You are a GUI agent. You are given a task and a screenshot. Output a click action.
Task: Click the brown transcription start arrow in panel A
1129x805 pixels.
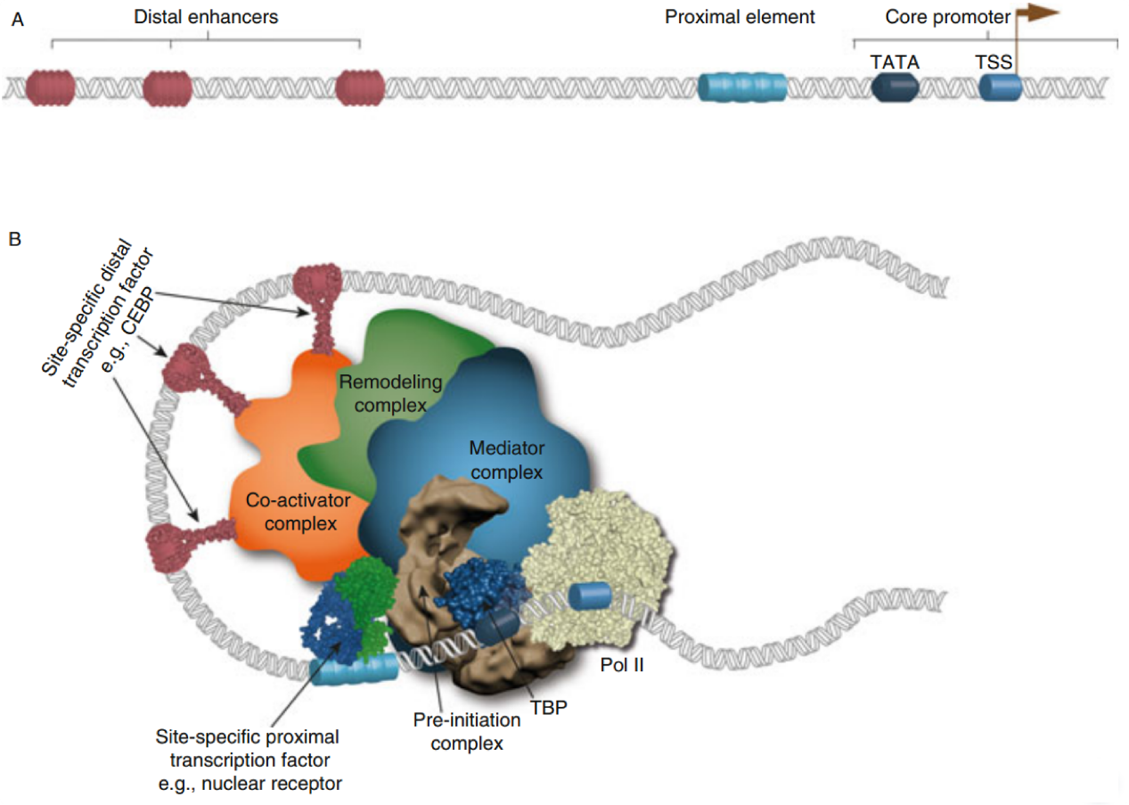click(1037, 13)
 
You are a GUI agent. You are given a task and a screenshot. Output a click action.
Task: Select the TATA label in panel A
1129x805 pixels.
click(895, 62)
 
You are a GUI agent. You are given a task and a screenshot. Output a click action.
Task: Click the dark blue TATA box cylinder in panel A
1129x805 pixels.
click(895, 87)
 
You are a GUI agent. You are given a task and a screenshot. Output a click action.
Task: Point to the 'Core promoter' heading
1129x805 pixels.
click(947, 17)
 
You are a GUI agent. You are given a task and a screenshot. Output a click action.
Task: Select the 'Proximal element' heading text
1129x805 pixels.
click(740, 17)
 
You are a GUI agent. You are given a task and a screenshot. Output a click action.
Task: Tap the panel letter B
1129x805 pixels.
click(15, 239)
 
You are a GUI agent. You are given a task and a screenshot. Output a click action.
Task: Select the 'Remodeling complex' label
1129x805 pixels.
click(390, 393)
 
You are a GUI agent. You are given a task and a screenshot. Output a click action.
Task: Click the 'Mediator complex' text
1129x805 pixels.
click(506, 459)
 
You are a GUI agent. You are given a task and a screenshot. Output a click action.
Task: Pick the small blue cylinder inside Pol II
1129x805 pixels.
click(590, 596)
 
